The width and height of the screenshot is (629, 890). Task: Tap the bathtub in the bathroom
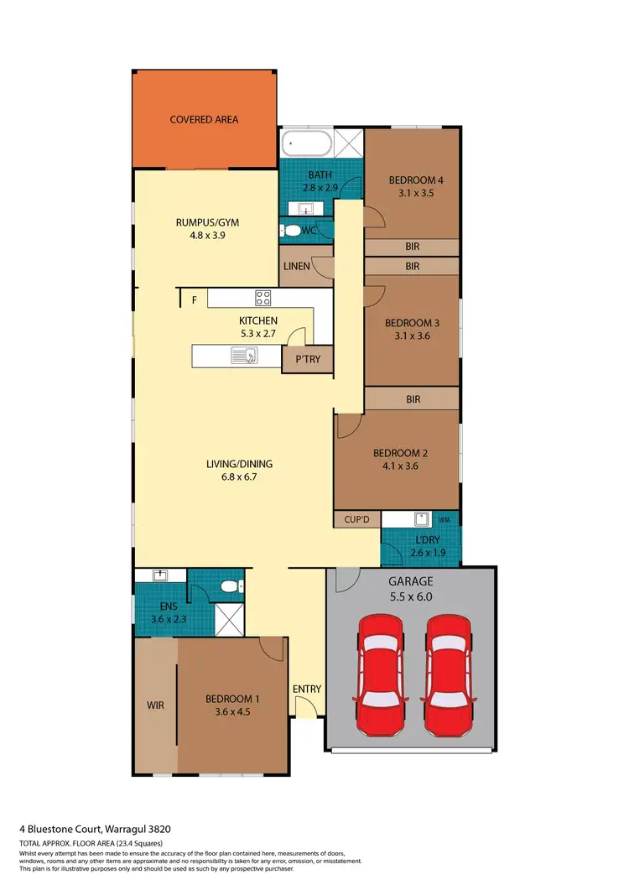click(x=307, y=143)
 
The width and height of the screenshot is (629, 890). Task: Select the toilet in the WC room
click(x=291, y=229)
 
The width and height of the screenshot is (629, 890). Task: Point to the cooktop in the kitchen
click(x=263, y=298)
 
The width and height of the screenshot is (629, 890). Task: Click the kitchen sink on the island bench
click(x=244, y=357)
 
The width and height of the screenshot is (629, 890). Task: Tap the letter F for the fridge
click(x=194, y=299)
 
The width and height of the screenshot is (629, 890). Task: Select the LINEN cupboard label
click(x=296, y=267)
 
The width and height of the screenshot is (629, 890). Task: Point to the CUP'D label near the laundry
click(x=356, y=520)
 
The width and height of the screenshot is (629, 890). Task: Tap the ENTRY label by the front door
click(x=307, y=690)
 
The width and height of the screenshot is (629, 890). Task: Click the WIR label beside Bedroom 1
click(x=154, y=705)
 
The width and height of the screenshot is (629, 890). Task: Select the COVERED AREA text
click(x=204, y=120)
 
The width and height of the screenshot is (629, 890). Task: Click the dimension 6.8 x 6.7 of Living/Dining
click(x=240, y=478)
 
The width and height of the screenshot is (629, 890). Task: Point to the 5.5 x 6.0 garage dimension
click(x=410, y=596)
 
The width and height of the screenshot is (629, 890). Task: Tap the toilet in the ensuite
click(x=226, y=586)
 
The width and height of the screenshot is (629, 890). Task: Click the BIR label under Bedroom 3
click(x=413, y=399)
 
